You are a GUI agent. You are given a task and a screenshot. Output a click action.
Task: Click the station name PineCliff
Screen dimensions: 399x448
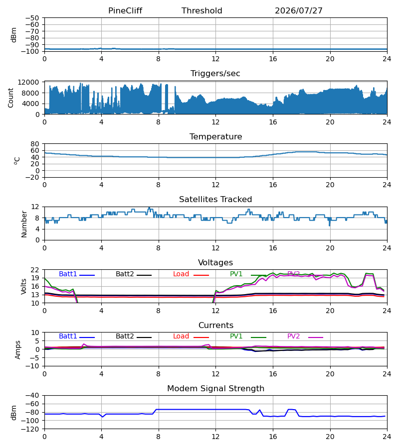coord(125,10)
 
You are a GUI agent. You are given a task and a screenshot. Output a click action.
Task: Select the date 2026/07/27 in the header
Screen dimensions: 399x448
coord(299,10)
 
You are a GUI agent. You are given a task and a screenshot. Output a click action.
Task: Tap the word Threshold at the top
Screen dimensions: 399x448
coord(202,10)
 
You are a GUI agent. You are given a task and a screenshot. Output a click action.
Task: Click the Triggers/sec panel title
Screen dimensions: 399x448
coord(215,74)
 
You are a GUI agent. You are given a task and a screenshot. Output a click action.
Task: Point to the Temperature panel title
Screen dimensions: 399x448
coord(215,136)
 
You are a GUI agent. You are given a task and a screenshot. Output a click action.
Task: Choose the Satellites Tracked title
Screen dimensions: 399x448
coord(215,200)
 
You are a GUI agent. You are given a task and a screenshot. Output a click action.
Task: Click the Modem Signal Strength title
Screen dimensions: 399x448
coord(215,389)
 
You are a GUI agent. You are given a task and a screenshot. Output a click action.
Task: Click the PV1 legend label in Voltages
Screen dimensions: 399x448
coord(236,274)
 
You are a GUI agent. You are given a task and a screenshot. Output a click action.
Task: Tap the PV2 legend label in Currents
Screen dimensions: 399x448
coord(293,336)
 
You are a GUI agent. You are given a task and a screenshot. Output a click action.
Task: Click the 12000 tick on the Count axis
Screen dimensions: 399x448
coord(28,82)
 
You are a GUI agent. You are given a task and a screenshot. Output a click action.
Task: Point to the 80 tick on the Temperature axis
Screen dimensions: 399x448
coord(35,144)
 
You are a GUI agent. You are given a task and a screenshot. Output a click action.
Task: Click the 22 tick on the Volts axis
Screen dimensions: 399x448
coord(35,270)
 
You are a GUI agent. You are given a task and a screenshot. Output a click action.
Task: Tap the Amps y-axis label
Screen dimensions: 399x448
coord(18,349)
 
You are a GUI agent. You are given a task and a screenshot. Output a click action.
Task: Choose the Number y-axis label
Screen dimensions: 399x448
coord(24,224)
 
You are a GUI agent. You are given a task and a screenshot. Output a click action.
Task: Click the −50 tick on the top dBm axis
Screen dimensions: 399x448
coord(32,18)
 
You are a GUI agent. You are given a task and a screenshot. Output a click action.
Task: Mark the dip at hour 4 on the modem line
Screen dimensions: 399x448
coord(103,417)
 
